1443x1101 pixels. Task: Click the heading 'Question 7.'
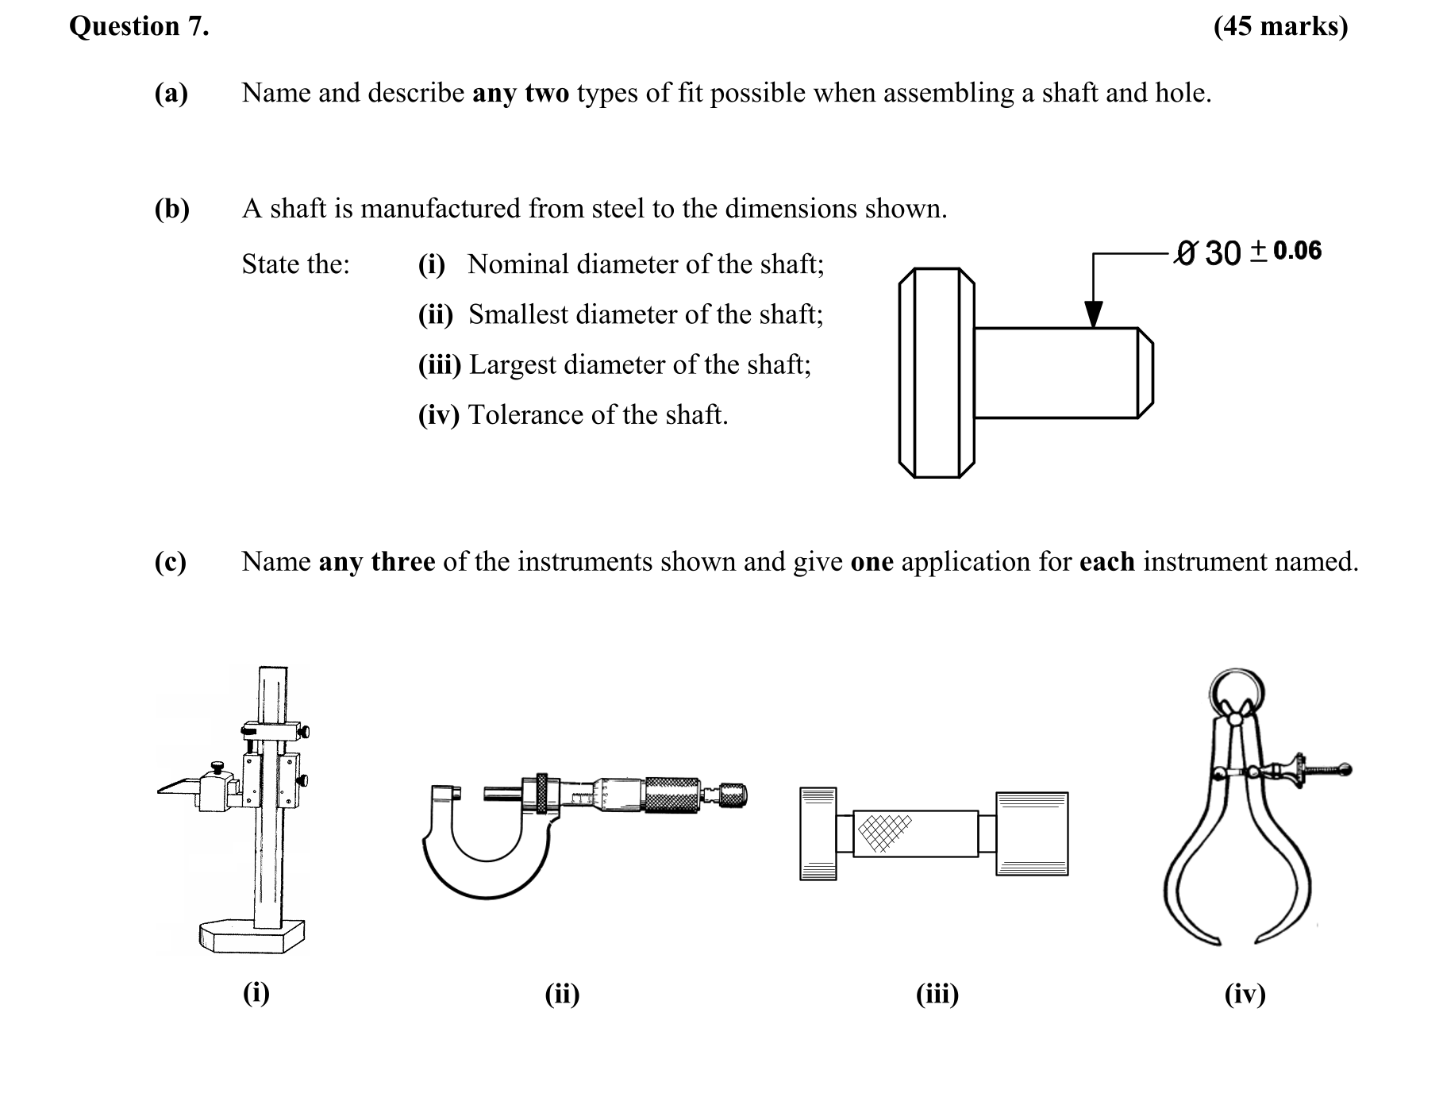click(x=139, y=26)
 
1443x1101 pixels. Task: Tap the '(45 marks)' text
click(x=1279, y=26)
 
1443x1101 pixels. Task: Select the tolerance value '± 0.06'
click(x=1287, y=251)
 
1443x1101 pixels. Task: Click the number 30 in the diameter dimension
click(x=1222, y=253)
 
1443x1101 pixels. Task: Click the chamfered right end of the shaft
click(x=1145, y=372)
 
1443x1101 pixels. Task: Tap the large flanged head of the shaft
click(x=937, y=372)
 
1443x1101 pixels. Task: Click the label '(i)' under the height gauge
click(x=256, y=992)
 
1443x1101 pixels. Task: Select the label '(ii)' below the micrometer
click(x=562, y=994)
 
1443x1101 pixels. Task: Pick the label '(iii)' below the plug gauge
click(x=937, y=994)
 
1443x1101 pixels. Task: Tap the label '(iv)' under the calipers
click(x=1244, y=994)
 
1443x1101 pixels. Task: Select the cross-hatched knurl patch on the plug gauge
click(x=884, y=833)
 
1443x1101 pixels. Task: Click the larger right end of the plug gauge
click(x=1031, y=833)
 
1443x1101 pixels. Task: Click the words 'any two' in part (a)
click(x=520, y=93)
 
